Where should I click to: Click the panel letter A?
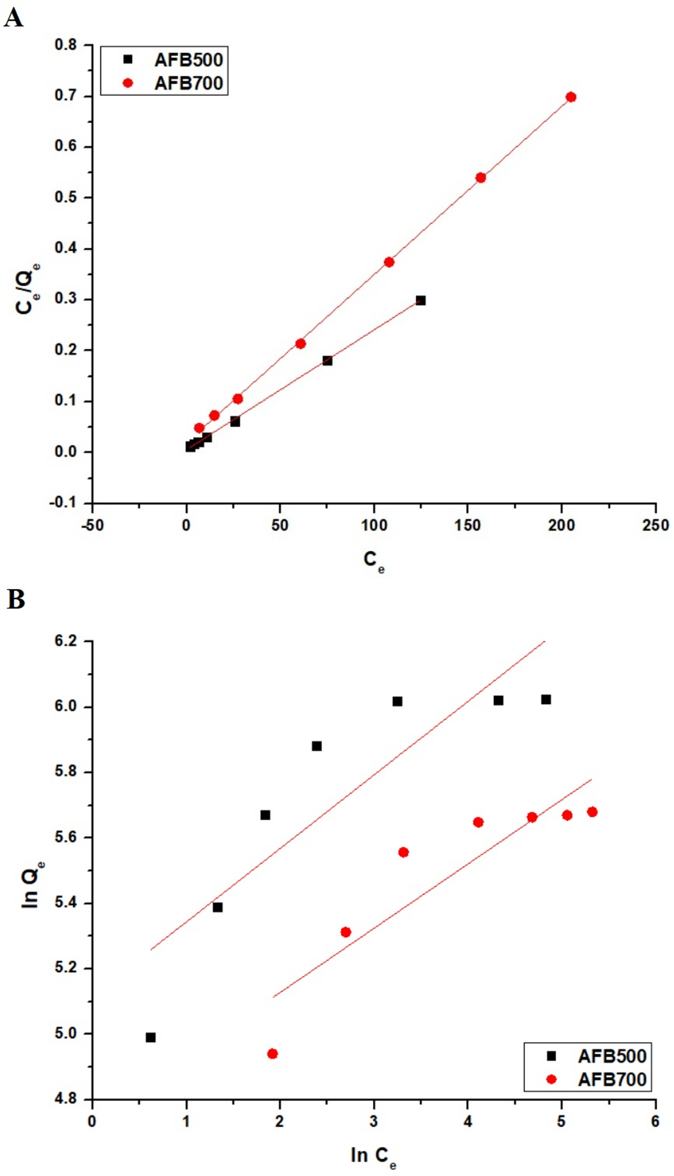[13, 19]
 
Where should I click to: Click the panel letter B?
[15, 600]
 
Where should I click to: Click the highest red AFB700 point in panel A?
[571, 97]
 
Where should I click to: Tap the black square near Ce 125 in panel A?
[421, 301]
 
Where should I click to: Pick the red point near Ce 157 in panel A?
[480, 178]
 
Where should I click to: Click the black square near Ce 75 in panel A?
[327, 361]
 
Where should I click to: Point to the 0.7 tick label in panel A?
[66, 96]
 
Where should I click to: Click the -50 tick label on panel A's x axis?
[92, 526]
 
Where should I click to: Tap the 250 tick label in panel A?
[655, 526]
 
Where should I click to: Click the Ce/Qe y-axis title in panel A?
[27, 289]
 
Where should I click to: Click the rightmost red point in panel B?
[592, 812]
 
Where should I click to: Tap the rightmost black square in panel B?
[546, 700]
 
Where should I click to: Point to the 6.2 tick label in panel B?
[66, 641]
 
